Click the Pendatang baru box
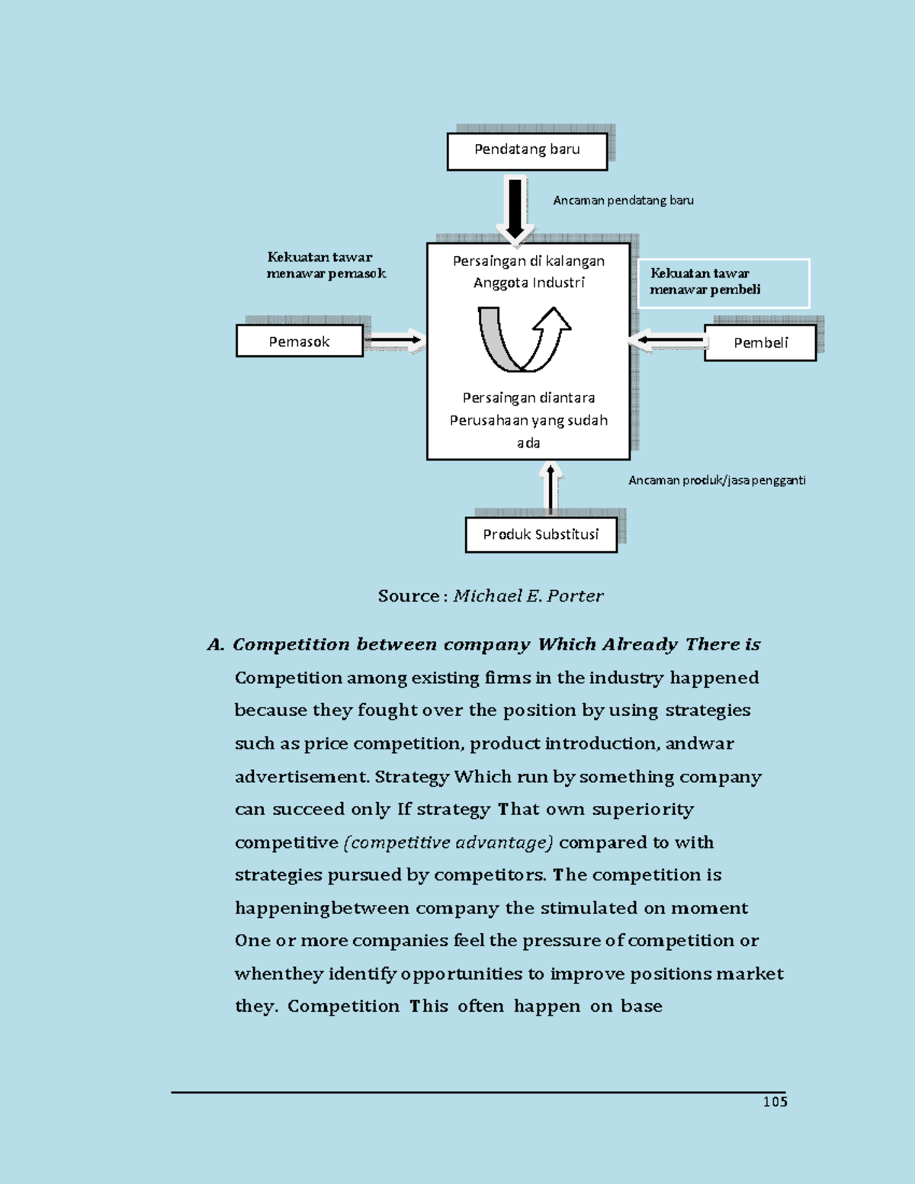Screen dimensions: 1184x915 [527, 151]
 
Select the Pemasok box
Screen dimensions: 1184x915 [300, 342]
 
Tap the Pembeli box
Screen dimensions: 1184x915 [760, 343]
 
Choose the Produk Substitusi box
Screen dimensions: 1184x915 [541, 534]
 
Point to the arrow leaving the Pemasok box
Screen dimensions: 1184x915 [393, 341]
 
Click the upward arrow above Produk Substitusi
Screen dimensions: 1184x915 [551, 488]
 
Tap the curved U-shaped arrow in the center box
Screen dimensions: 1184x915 [523, 339]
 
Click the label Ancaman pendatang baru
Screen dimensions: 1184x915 [623, 201]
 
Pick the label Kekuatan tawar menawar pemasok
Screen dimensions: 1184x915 [326, 265]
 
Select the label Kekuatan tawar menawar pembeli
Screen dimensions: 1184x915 [705, 281]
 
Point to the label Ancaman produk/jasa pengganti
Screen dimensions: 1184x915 [717, 480]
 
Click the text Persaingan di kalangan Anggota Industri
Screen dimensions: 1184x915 [528, 271]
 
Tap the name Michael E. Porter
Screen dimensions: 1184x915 [528, 596]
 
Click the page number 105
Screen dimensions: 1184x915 [775, 1102]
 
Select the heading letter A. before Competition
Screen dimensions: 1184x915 [215, 645]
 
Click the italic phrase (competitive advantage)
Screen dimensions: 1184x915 [448, 842]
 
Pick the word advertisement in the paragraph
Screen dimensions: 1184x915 [301, 777]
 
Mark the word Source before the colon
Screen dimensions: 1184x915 [408, 596]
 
